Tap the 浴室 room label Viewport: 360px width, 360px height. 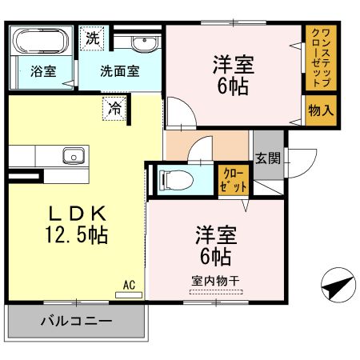coord(42,70)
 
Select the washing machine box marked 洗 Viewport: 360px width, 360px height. coord(93,37)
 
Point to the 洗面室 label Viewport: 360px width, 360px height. coord(119,70)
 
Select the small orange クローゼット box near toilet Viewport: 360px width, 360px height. coord(233,179)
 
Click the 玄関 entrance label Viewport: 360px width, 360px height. coord(267,158)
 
